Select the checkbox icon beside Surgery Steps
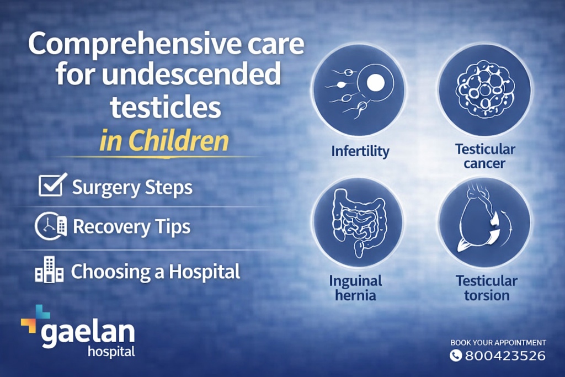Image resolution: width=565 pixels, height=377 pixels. pos(52,184)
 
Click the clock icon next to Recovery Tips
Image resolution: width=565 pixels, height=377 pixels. pos(51,226)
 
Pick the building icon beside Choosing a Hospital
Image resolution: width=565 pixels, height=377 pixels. pos(49,269)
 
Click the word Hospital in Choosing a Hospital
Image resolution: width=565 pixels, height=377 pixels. pos(204,272)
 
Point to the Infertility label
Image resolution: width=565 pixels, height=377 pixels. pos(360,151)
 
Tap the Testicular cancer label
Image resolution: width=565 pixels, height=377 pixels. pos(485,156)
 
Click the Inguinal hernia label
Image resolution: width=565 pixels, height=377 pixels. pos(356,288)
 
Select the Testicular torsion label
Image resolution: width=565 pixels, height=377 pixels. pos(487,288)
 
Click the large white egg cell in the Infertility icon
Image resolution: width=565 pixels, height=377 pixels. pos(375,83)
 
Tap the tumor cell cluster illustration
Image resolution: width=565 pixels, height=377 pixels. pos(485,89)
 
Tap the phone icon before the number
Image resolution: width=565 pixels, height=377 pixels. pos(455,355)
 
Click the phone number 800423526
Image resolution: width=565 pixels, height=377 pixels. pos(505,355)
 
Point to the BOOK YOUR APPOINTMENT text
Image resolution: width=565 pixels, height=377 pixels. pos(498,342)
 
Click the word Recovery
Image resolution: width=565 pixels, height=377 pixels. pos(111,227)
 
